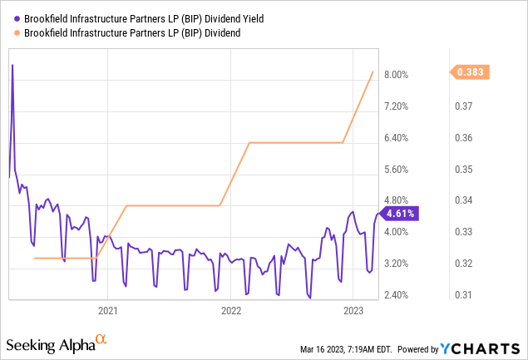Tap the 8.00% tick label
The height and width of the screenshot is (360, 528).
coord(397,74)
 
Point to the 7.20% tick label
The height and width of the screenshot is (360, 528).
coord(397,106)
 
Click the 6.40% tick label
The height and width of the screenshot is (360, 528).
coord(397,137)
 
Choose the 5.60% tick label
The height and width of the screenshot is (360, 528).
coord(397,169)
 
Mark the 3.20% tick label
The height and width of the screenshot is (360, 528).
coord(397,264)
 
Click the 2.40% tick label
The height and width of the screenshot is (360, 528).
coord(397,295)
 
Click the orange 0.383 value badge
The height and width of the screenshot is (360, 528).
coord(470,72)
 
